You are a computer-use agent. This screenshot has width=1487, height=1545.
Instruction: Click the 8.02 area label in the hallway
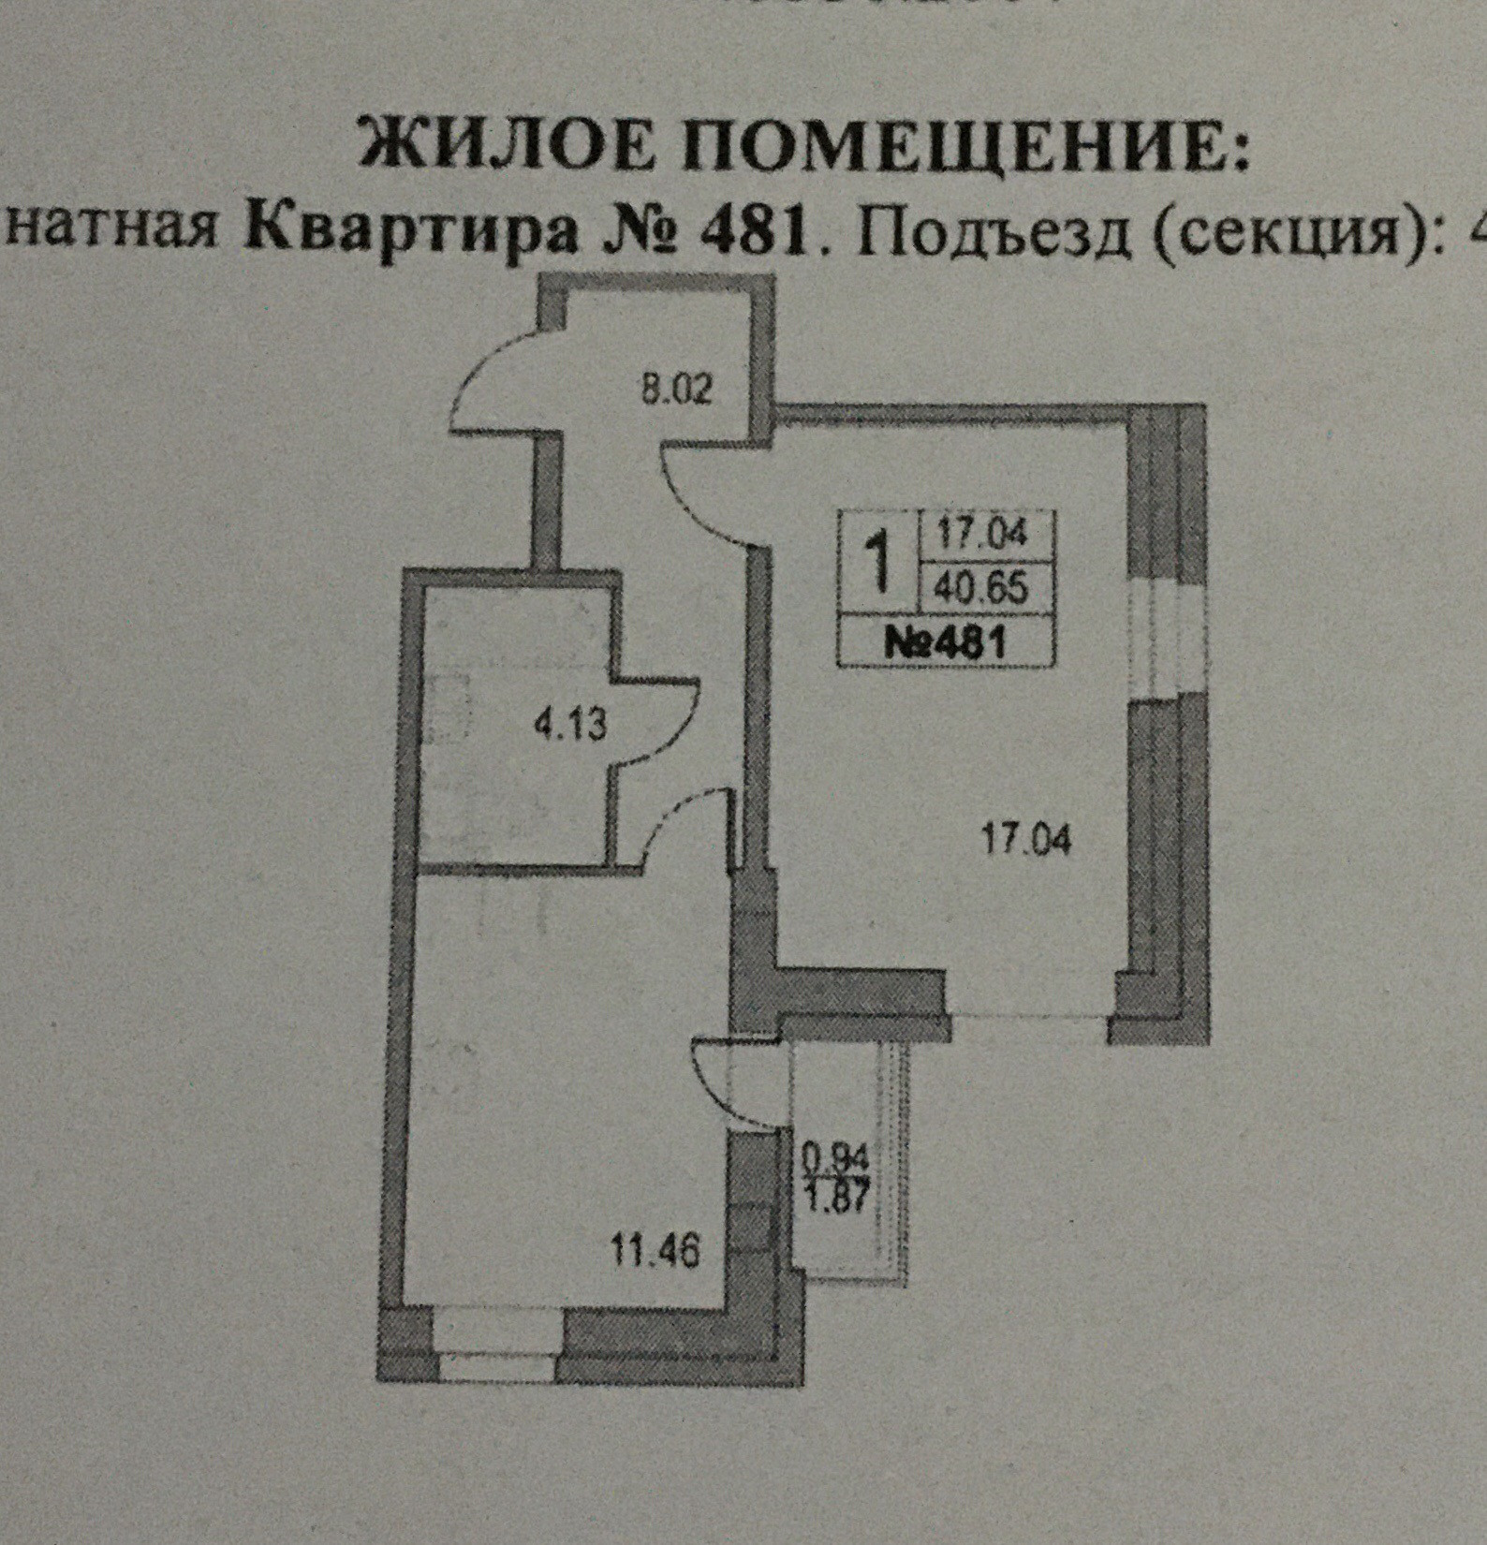click(676, 388)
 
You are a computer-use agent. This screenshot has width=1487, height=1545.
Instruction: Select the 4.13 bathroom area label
click(570, 724)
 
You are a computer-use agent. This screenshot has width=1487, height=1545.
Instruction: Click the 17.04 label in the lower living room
click(1025, 838)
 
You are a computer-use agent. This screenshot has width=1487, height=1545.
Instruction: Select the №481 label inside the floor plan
click(946, 642)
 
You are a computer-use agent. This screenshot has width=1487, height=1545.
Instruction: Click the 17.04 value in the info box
click(982, 534)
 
